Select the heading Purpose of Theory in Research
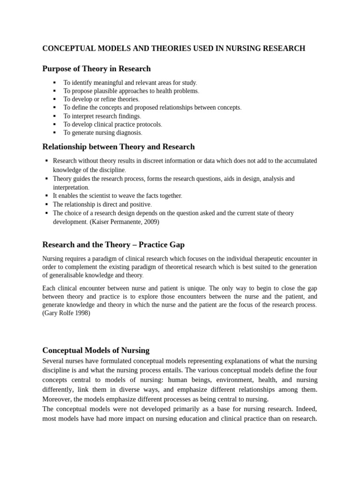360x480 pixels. coord(97,69)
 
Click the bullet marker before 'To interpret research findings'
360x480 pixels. coord(54,116)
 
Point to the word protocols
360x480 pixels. coord(147,125)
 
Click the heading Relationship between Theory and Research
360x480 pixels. coord(118,147)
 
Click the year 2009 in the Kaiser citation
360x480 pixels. coord(150,222)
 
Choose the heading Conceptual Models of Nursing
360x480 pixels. coord(96,350)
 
